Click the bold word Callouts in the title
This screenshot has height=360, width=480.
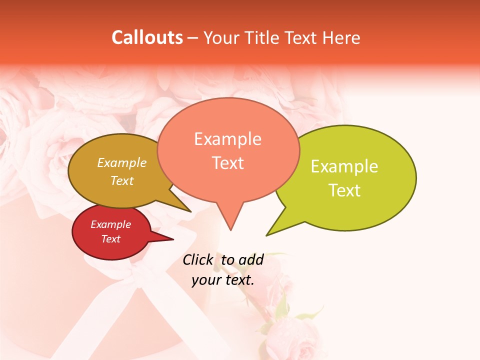coord(147,37)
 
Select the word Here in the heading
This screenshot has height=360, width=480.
coord(341,38)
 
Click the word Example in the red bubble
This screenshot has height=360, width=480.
coord(110,224)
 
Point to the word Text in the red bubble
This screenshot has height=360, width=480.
coord(110,239)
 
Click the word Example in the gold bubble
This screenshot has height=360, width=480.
coord(122,163)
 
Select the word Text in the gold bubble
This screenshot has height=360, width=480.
coord(122,180)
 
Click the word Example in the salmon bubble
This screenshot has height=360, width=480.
coord(227,139)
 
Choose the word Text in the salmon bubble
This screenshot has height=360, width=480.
coord(227,163)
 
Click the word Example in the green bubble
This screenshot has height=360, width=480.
coord(344,166)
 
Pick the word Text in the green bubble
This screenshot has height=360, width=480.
coord(344,190)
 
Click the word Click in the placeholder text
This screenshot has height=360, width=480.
coord(198,259)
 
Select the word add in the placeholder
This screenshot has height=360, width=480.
coord(251,259)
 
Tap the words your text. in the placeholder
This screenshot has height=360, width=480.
coord(223,280)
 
